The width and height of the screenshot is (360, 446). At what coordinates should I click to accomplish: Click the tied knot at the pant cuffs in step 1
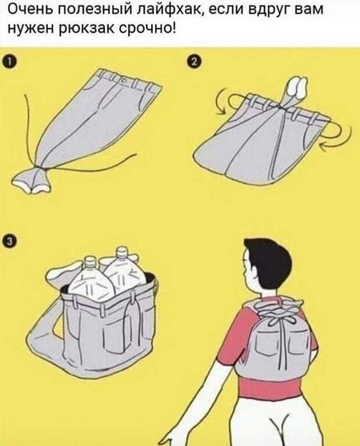[42, 170]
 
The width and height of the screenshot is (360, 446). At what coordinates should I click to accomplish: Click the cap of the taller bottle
[122, 251]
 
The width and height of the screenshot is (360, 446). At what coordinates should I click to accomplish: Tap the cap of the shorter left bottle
[90, 261]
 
